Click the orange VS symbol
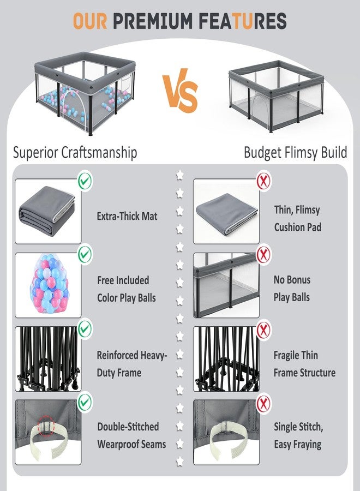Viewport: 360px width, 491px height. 180,91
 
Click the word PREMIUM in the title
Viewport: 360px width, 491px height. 152,21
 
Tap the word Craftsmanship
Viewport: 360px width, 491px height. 99,153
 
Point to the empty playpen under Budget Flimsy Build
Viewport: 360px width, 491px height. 276,96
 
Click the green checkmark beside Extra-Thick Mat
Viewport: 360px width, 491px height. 85,181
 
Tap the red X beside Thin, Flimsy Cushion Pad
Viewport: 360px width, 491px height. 263,181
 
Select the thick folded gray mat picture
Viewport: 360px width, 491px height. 47,211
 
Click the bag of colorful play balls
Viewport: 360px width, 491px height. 49,284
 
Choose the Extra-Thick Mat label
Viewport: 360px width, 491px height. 127,216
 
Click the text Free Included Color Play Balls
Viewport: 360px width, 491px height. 127,289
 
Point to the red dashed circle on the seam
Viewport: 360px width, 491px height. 46,425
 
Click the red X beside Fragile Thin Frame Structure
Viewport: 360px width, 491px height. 263,330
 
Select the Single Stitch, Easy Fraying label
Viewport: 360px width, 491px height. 298,435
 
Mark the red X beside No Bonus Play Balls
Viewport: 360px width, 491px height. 263,254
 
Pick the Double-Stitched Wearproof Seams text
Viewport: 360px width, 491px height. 131,435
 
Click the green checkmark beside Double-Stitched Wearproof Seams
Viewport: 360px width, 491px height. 85,402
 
